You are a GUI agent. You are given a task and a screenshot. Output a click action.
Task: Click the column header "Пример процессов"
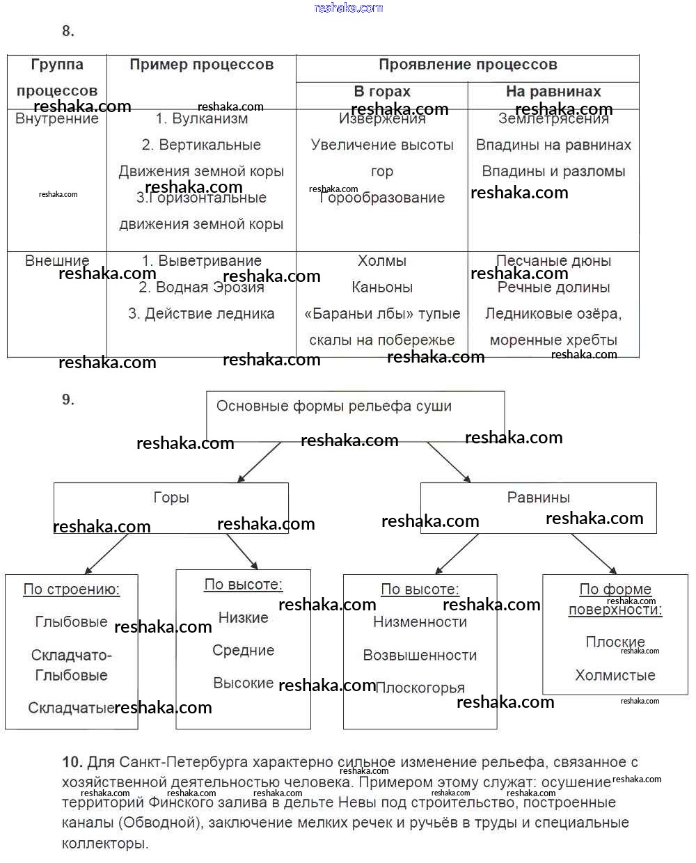(201, 65)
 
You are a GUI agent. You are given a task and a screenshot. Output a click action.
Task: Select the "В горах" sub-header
(382, 91)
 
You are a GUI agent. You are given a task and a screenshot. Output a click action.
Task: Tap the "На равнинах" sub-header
(553, 91)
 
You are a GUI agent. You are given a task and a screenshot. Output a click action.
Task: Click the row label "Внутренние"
(57, 119)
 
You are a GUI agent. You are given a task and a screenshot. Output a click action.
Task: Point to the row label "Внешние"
(57, 261)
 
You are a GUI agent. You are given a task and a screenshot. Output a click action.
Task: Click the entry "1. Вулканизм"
(201, 119)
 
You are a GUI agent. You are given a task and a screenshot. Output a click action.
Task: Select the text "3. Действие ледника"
(201, 314)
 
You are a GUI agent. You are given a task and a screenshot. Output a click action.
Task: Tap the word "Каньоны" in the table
(382, 287)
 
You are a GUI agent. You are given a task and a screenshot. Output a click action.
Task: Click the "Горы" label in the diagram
(171, 498)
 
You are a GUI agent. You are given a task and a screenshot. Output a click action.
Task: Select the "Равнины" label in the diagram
(538, 498)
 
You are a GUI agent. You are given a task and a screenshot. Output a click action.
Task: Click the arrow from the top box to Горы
(259, 461)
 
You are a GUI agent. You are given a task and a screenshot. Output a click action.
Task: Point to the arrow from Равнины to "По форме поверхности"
(594, 554)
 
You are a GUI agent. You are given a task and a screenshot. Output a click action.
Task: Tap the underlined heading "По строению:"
(72, 589)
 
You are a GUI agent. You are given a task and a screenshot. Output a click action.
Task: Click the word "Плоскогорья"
(420, 688)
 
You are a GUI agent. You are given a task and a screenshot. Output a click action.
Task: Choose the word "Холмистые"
(615, 675)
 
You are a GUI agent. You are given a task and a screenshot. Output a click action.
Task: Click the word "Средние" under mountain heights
(244, 651)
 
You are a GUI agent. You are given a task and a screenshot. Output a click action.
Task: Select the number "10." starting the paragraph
(72, 763)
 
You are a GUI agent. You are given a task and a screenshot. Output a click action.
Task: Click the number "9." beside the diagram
(68, 399)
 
